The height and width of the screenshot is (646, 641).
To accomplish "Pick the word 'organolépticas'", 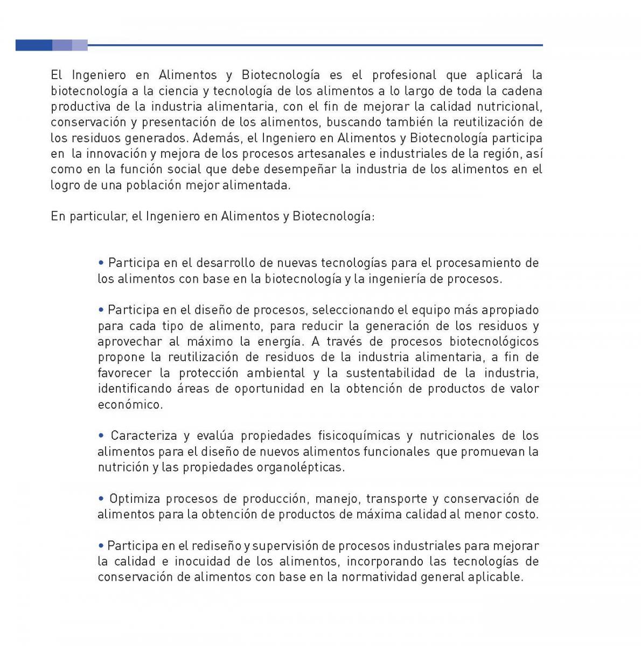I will [304, 467].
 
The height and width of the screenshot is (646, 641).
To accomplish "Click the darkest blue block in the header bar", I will [33, 45].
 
